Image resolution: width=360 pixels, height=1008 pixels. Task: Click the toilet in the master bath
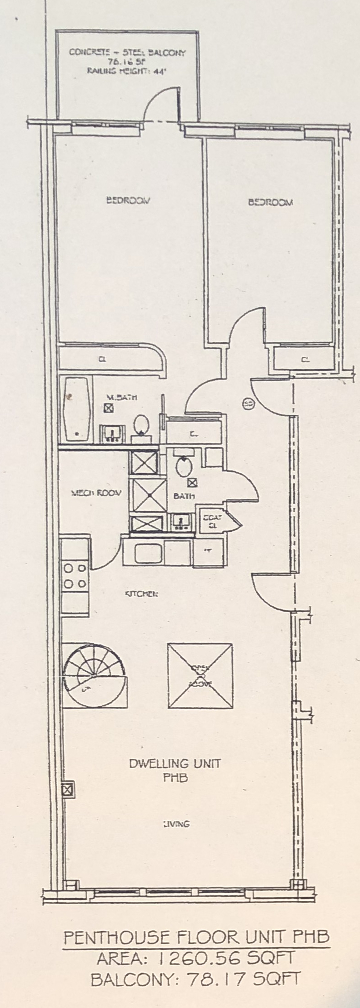[x=142, y=425]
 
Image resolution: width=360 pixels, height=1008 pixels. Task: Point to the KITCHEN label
[x=141, y=594]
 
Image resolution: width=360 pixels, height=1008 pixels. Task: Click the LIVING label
[x=176, y=836]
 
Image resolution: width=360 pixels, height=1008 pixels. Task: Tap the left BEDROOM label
[x=128, y=200]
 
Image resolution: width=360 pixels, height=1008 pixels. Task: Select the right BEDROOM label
[x=270, y=202]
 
